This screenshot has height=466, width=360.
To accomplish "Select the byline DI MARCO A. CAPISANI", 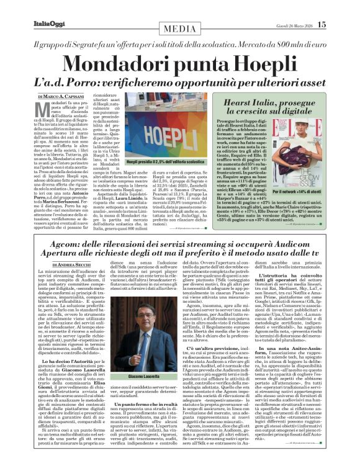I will point(63,97).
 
